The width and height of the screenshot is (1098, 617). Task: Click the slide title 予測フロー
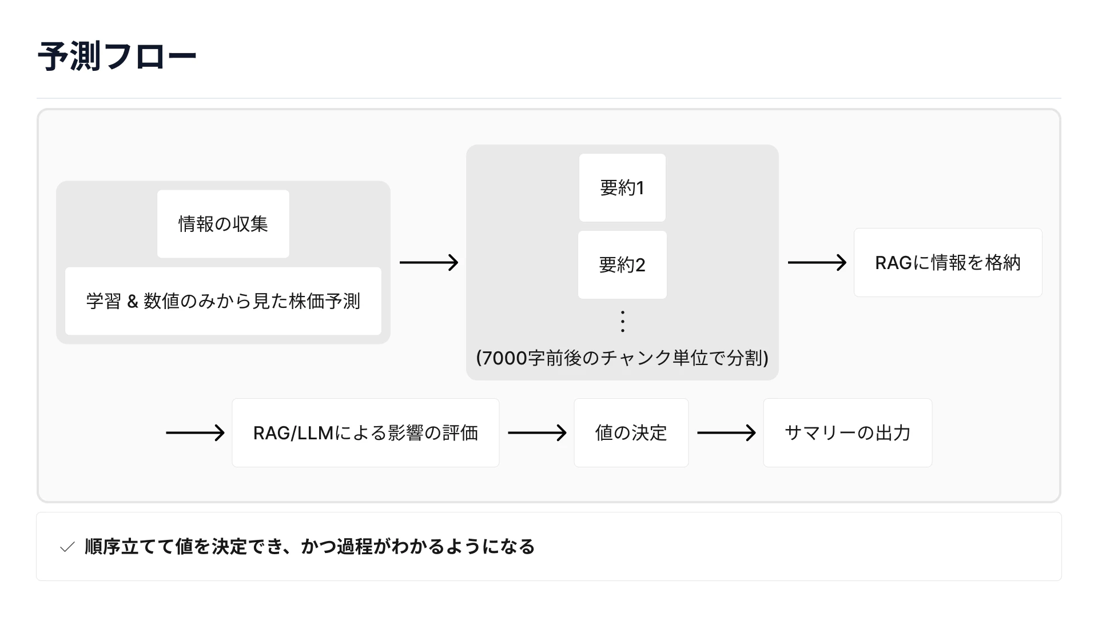[x=117, y=56]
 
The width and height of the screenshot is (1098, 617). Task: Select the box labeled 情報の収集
[x=223, y=224]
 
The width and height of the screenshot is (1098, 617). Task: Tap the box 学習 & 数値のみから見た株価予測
[x=223, y=301]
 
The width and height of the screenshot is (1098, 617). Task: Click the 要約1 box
[x=622, y=187]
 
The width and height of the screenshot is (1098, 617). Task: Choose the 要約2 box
[x=622, y=265]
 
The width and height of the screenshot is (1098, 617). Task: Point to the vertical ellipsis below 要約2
[x=623, y=321]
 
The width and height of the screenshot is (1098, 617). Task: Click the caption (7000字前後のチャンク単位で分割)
[x=622, y=358]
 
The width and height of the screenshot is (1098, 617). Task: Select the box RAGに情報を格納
[x=948, y=262]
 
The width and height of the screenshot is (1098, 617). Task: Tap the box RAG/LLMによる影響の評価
[x=365, y=432]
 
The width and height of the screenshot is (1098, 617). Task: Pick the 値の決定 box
[x=631, y=432]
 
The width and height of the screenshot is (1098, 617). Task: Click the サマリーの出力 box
[x=848, y=432]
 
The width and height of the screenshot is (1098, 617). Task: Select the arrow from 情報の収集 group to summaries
[x=429, y=262]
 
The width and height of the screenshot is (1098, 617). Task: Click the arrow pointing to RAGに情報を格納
[x=817, y=262]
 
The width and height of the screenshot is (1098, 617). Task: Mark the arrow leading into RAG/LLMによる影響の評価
[x=195, y=432]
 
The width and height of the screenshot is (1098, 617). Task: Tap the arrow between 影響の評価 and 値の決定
[x=537, y=432]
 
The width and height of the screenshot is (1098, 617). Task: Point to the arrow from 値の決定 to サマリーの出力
[x=726, y=432]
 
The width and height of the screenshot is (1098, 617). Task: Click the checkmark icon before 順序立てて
[x=67, y=547]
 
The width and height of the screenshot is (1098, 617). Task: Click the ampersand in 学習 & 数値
[x=133, y=302]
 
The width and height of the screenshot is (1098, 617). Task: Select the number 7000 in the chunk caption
[x=504, y=358]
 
